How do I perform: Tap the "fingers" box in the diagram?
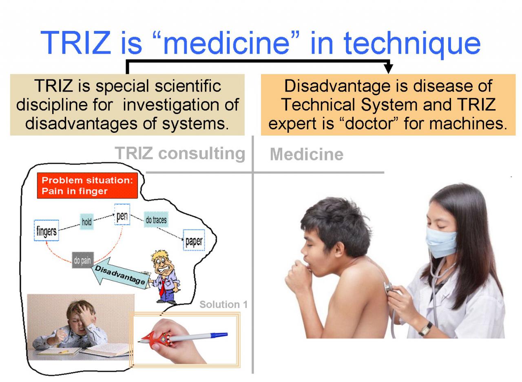[x=46, y=231]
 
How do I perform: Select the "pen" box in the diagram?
[x=122, y=214]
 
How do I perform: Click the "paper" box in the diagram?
[x=194, y=240]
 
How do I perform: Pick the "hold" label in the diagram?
[x=87, y=222]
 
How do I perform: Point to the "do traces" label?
[x=156, y=220]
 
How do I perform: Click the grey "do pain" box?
[x=83, y=260]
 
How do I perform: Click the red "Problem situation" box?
[x=87, y=185]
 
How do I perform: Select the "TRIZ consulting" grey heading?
[x=180, y=154]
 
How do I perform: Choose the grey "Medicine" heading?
[x=306, y=154]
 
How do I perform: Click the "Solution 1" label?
[x=223, y=304]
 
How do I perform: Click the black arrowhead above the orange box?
[x=389, y=69]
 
